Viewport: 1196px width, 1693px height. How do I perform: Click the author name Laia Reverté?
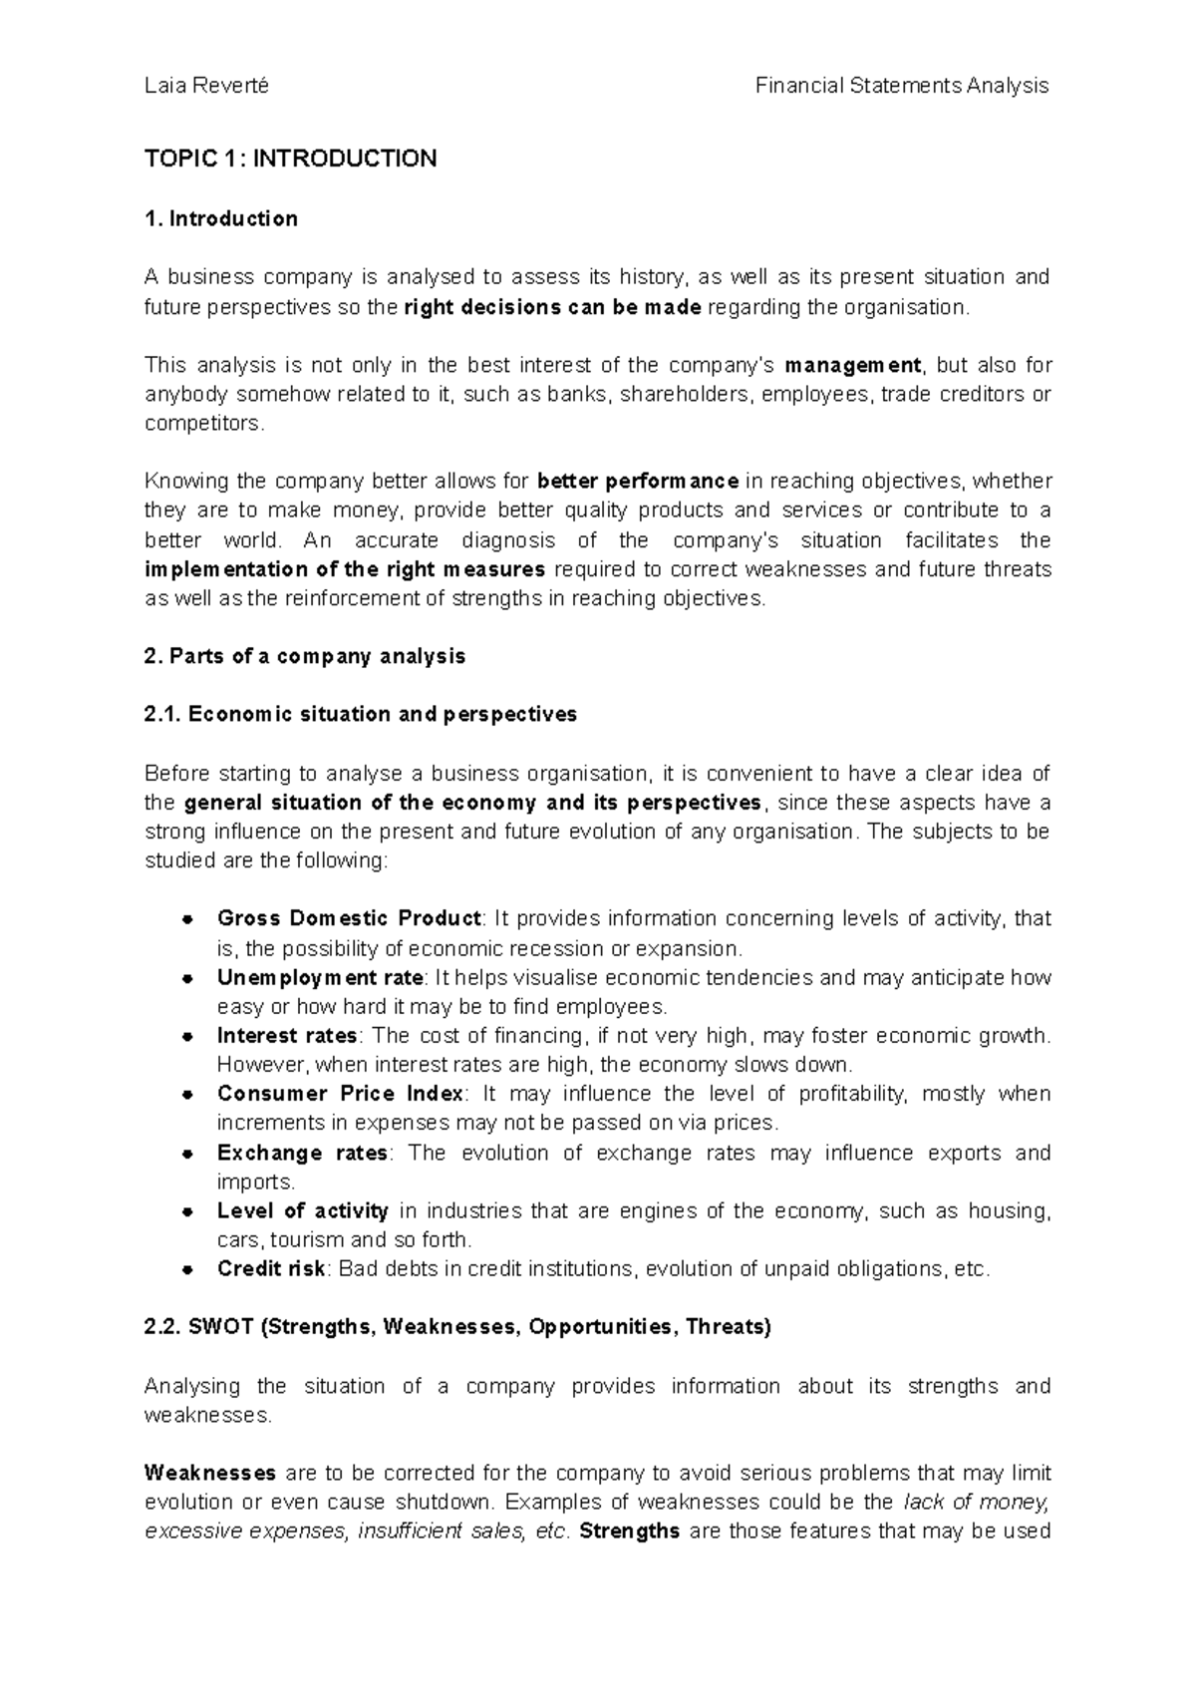[x=206, y=86]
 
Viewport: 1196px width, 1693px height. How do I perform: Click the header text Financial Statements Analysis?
[x=901, y=86]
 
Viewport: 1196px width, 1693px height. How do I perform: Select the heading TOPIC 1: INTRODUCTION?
[x=290, y=159]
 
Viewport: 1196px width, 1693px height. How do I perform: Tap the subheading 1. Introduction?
[x=220, y=218]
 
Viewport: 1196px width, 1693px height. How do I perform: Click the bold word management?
[x=854, y=365]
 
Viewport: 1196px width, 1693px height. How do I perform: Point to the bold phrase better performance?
[x=638, y=482]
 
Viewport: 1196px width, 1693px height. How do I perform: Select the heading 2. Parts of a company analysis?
[x=305, y=656]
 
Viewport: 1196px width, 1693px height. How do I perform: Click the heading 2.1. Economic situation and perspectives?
[x=361, y=715]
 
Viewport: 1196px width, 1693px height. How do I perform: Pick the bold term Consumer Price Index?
[x=340, y=1094]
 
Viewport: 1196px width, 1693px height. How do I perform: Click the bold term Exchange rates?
[x=302, y=1153]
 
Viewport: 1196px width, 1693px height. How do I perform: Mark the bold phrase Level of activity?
[x=302, y=1211]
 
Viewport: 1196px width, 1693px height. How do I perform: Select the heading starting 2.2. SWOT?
[x=457, y=1327]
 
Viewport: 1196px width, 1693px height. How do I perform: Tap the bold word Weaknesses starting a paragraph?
[x=210, y=1473]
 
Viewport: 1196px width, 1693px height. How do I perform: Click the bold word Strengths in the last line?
[x=629, y=1531]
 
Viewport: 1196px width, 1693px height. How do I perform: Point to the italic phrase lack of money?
[x=977, y=1503]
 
